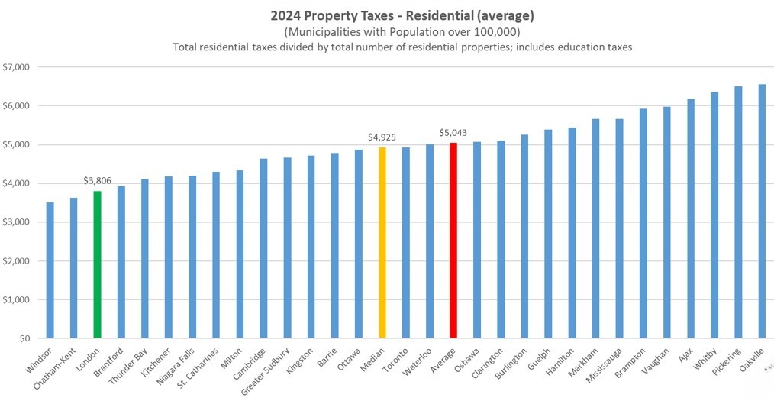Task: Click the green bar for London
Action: [x=98, y=264]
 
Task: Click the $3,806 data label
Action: [x=98, y=181]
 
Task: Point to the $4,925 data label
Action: [x=382, y=137]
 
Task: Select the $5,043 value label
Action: [x=453, y=133]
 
